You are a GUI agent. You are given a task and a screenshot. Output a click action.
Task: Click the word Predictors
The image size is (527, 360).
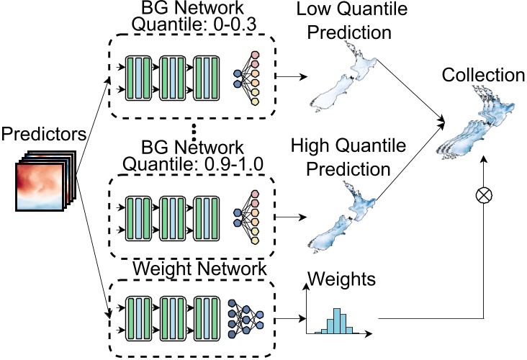pyautogui.click(x=44, y=134)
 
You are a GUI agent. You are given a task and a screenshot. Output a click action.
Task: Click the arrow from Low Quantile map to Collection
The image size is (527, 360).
pyautogui.click(x=410, y=92)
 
